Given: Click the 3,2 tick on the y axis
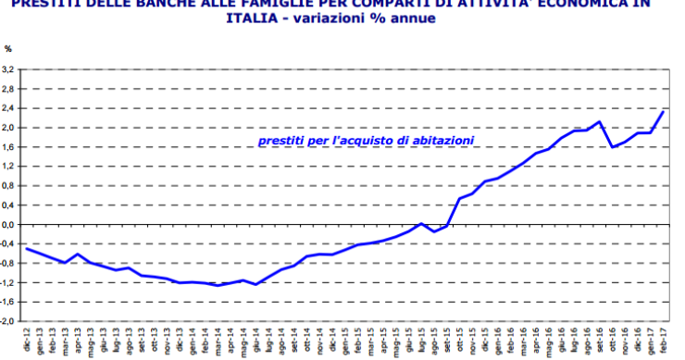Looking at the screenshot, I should pos(8,70).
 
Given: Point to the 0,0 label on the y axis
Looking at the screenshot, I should pos(8,225).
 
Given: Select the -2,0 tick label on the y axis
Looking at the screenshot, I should pos(8,321).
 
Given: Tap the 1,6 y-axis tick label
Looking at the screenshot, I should pos(8,147).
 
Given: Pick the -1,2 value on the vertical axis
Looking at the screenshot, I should pos(8,282).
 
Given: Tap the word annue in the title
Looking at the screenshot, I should pos(412,18).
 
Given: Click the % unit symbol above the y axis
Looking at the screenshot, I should pos(8,48).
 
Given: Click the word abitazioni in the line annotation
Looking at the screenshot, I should pos(439,141).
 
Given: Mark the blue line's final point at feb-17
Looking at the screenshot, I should pos(663,111).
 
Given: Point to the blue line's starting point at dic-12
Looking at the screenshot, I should pos(27,248).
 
